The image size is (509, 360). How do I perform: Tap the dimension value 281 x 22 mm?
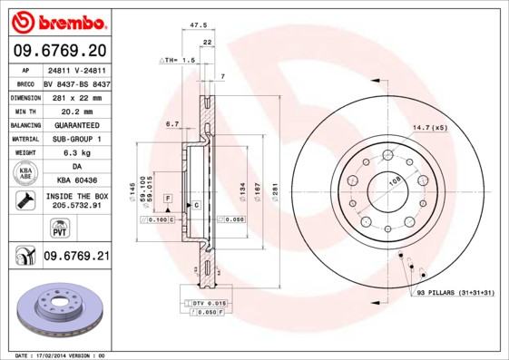coord(75,97)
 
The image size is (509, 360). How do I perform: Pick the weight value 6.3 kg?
coord(75,153)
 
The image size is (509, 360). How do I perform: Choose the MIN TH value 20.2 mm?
coord(75,111)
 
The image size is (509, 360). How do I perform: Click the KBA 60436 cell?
coord(75,181)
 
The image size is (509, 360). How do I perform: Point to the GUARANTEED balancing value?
coord(75,125)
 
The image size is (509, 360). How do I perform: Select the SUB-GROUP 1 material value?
coord(75,139)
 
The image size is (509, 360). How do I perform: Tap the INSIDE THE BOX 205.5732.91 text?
coord(75,201)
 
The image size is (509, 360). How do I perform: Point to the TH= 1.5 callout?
coord(179,60)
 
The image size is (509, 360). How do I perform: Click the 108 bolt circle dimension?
coord(396,181)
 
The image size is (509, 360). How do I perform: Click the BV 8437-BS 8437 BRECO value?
coord(75,83)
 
